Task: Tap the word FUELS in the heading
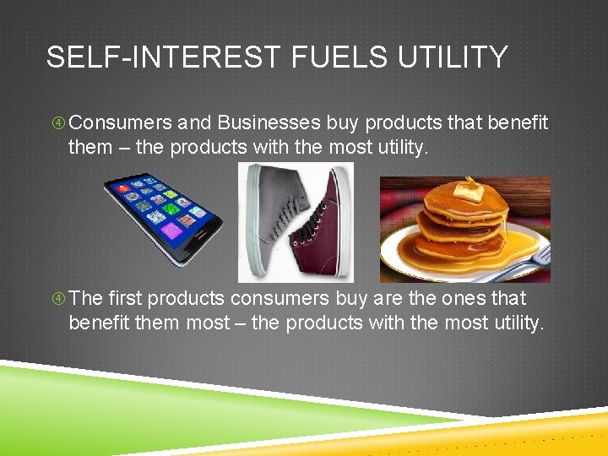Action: pos(321,57)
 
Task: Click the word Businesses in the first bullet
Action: pos(269,123)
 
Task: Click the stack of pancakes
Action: pos(460,224)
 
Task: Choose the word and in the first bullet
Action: pos(195,123)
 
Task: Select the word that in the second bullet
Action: pos(508,299)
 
